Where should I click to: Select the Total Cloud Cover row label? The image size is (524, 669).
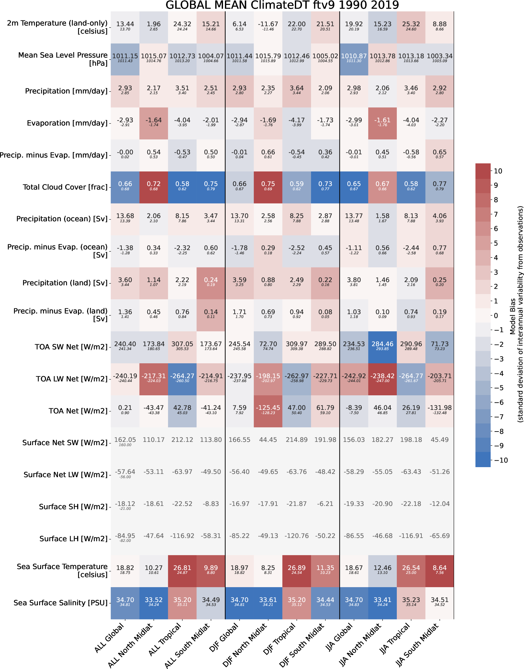(65, 187)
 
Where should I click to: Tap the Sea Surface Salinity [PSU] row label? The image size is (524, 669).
(61, 603)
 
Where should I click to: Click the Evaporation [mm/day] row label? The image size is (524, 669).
(67, 123)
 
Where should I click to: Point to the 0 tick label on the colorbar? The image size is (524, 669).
(496, 316)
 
